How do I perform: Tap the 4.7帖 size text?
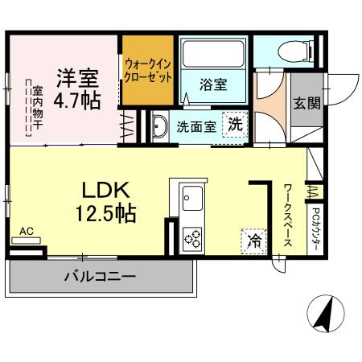76,103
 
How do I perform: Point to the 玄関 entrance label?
306,104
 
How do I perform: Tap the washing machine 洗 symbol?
234,124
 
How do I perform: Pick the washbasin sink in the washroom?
159,125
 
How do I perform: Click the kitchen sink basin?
194,195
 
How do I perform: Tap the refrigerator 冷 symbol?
253,240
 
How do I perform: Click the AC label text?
26,231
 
